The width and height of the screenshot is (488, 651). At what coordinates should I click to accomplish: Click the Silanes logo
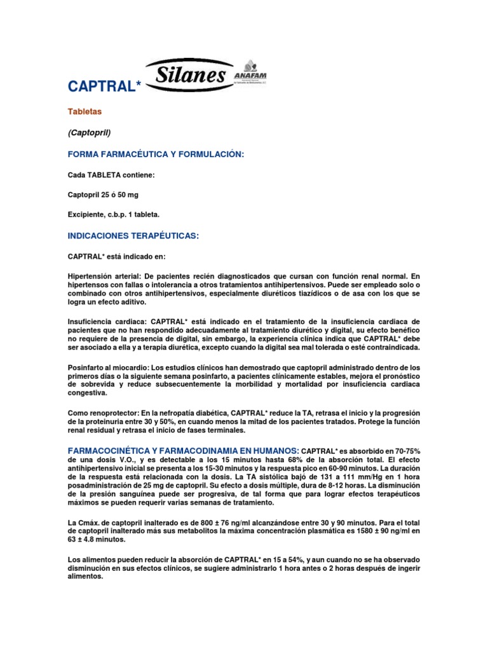pyautogui.click(x=187, y=75)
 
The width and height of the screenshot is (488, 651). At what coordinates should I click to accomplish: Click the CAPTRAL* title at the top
pyautogui.click(x=104, y=86)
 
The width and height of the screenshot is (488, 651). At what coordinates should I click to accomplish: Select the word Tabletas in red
pyautogui.click(x=85, y=112)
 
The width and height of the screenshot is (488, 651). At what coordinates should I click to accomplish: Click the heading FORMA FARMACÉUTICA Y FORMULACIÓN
pyautogui.click(x=156, y=154)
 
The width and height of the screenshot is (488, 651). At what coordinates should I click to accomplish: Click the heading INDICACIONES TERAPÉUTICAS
pyautogui.click(x=133, y=236)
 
